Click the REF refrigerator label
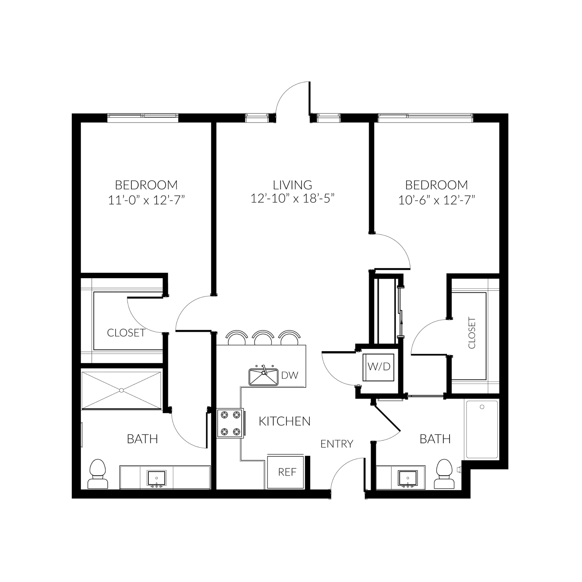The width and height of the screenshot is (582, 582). [x=287, y=472]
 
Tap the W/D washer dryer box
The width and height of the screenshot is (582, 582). [x=379, y=367]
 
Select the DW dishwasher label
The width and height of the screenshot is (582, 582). [x=290, y=375]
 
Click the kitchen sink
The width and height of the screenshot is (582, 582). [x=263, y=377]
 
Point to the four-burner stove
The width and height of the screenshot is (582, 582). [x=230, y=423]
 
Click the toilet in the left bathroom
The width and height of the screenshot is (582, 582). [x=98, y=474]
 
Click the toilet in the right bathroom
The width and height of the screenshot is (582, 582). [x=444, y=474]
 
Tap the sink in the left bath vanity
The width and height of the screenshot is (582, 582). [x=156, y=478]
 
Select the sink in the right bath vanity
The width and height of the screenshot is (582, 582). [x=408, y=478]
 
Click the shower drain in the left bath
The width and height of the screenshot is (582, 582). [x=121, y=391]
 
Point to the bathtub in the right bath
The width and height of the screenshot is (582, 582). [x=482, y=430]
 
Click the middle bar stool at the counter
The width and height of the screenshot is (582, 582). [x=263, y=338]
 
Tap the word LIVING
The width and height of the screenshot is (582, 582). [x=292, y=185]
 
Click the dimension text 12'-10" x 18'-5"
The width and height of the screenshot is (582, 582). [x=292, y=198]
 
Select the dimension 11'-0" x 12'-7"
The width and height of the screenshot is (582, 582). [x=146, y=200]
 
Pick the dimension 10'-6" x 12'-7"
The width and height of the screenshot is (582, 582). [x=436, y=200]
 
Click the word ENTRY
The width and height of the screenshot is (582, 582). [x=337, y=444]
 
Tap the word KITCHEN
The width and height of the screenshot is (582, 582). [x=285, y=421]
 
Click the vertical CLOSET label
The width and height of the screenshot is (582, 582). [x=472, y=333]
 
